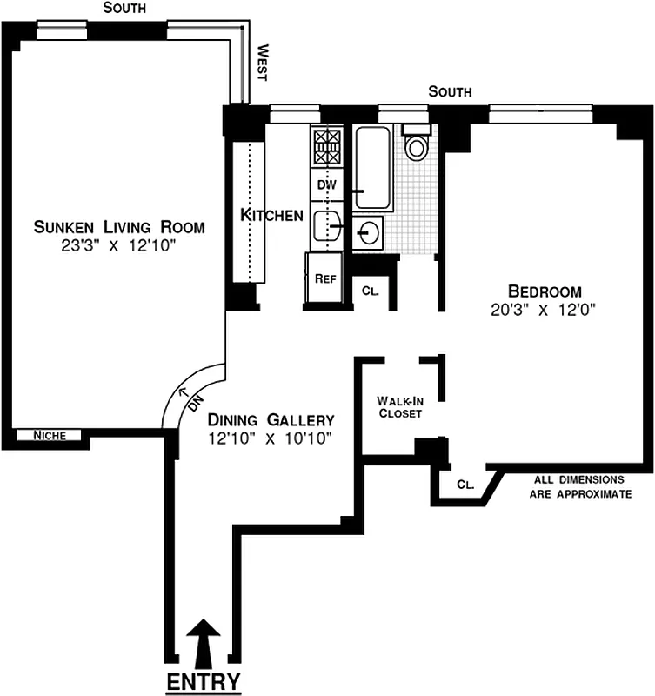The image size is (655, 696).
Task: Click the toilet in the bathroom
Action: [x=418, y=144]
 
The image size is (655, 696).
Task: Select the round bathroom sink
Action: [x=369, y=231]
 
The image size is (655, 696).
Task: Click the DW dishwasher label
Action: [x=325, y=184]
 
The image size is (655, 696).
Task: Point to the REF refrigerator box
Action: [x=324, y=278]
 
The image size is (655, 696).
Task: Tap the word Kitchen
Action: [x=271, y=215]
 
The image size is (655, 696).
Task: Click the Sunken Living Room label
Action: [x=118, y=228]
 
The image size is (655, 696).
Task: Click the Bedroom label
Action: [x=545, y=291]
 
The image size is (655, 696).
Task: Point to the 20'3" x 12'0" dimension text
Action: [x=545, y=309]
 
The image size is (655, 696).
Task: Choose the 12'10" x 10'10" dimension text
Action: [x=271, y=438]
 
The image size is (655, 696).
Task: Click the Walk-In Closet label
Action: [x=398, y=407]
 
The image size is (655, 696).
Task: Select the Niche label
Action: [x=48, y=436]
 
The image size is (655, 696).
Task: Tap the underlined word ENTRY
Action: [x=204, y=681]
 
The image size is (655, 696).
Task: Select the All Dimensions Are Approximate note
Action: [x=579, y=486]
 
